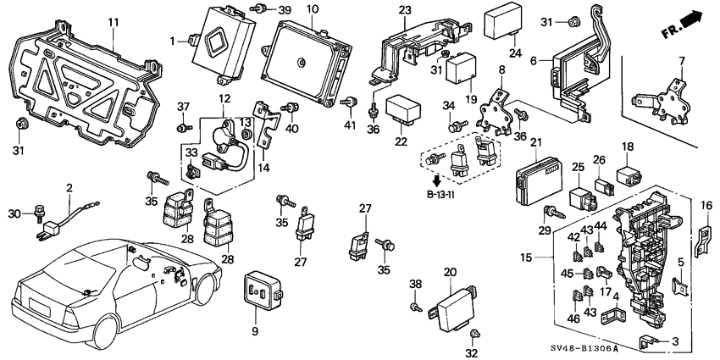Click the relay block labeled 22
point(404,110)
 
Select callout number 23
point(405,10)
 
